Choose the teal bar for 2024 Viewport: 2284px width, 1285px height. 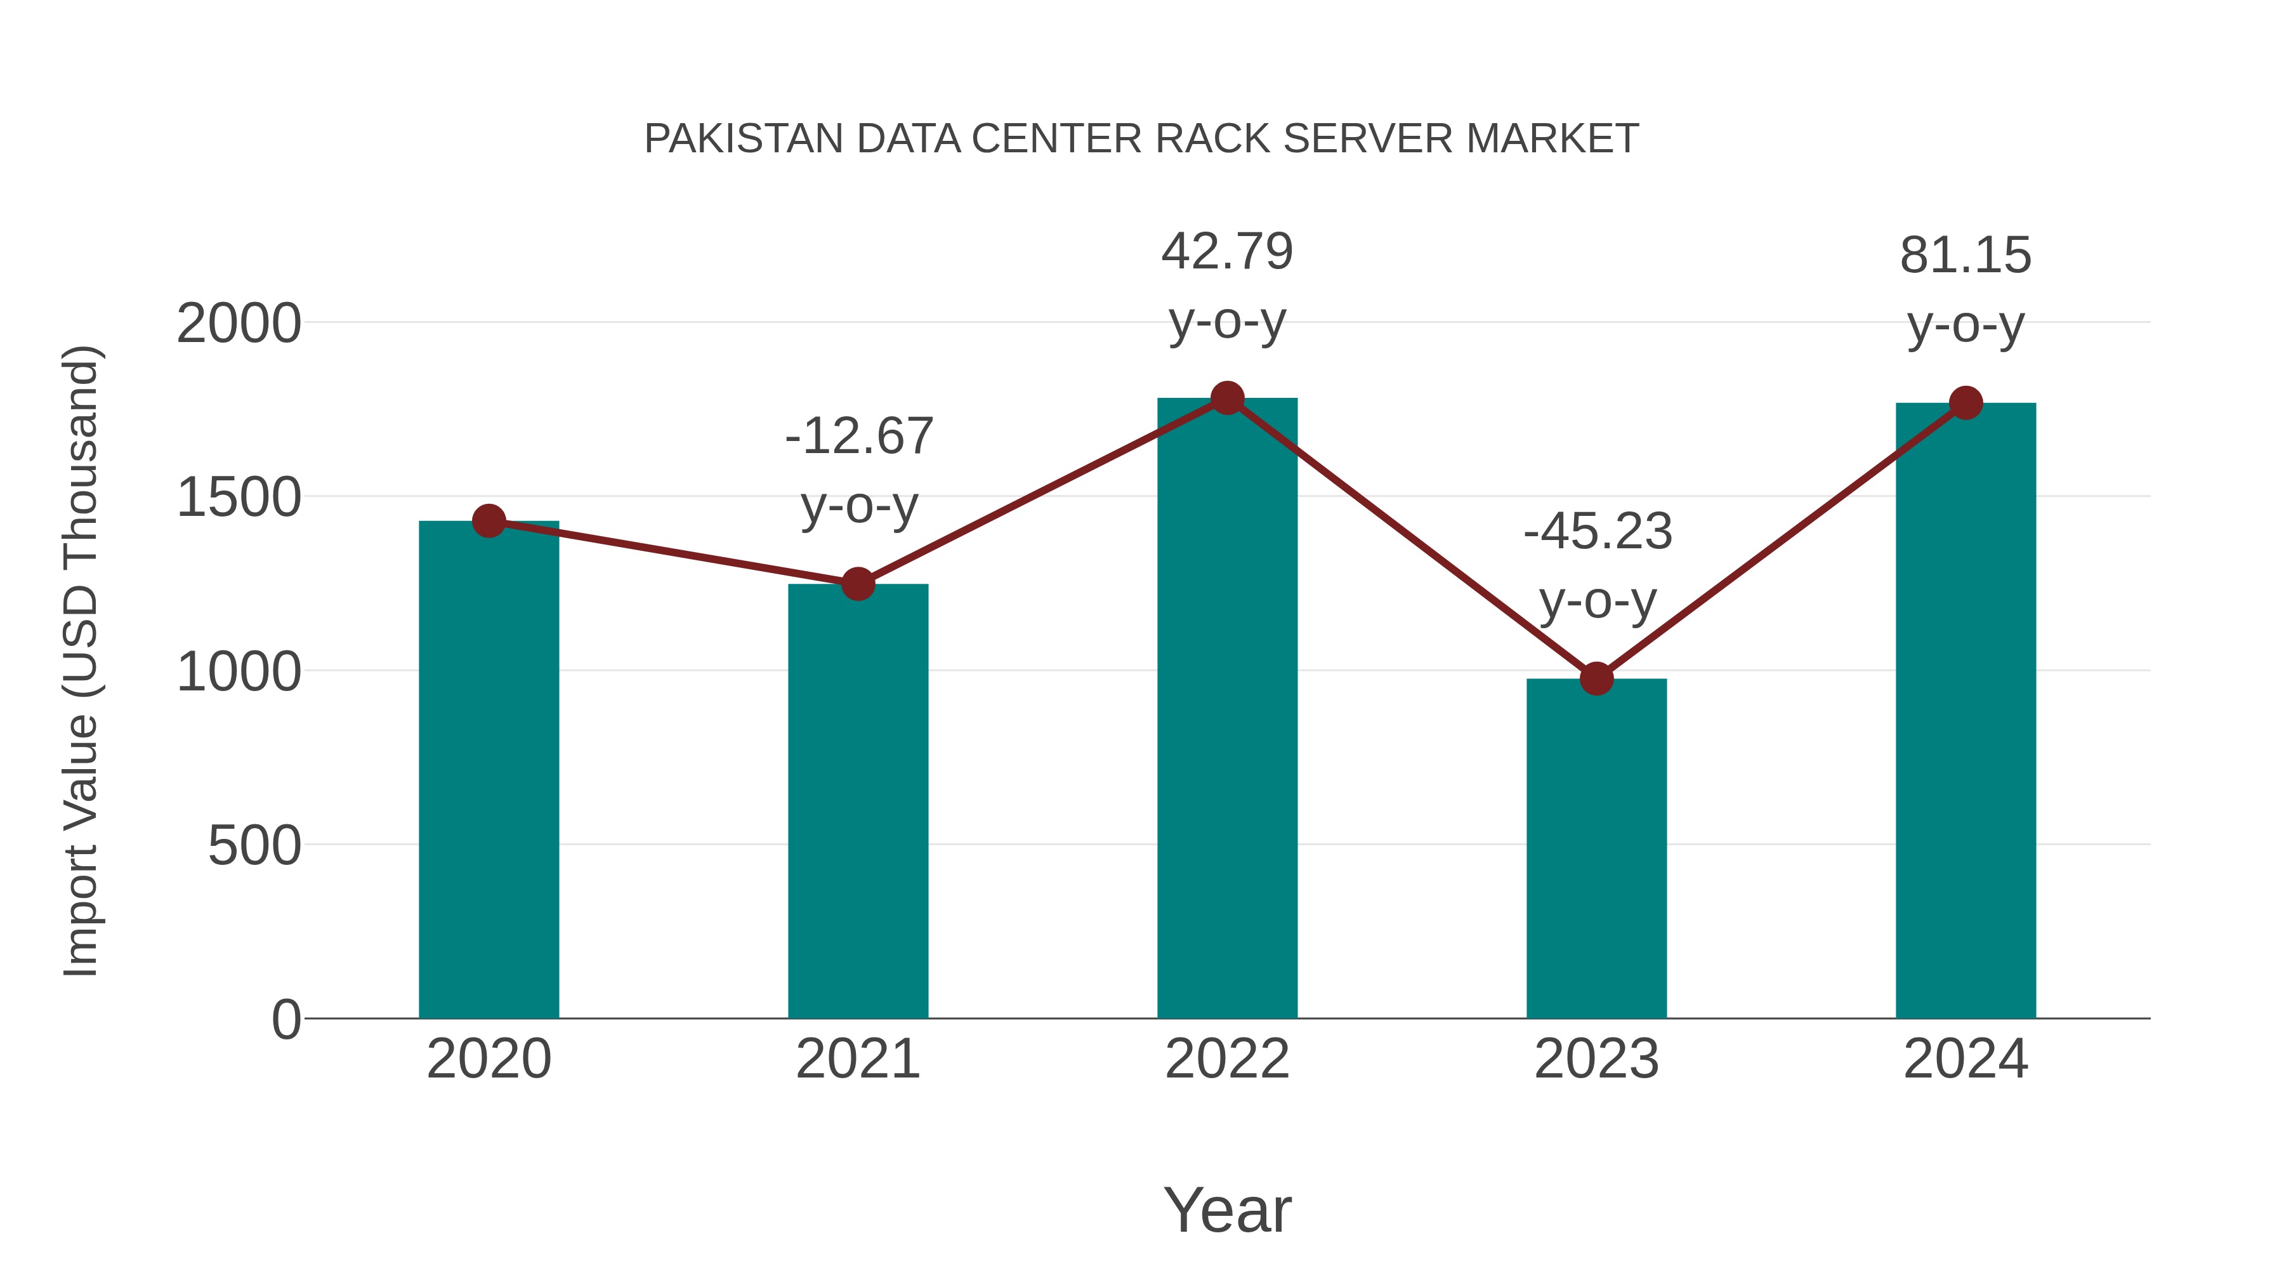point(1966,710)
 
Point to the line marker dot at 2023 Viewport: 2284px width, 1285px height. point(1596,678)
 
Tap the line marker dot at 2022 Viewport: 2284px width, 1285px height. point(1227,398)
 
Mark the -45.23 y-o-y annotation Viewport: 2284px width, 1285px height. point(1598,566)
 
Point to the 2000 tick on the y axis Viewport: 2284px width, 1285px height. point(239,324)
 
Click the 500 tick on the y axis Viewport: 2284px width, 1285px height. point(254,845)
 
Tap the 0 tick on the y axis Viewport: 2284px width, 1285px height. point(285,1019)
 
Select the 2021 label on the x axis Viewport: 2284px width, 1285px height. point(857,1059)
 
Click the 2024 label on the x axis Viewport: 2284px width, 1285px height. point(1966,1059)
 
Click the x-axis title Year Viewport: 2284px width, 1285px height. point(1227,1209)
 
